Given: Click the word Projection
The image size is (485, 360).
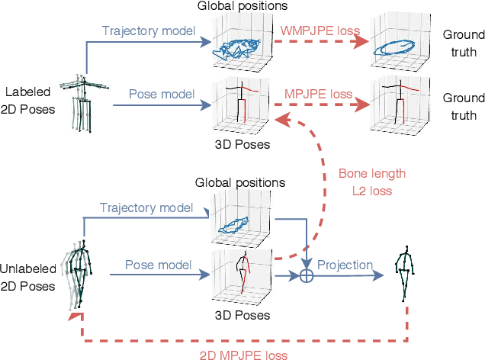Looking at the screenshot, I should pyautogui.click(x=345, y=265).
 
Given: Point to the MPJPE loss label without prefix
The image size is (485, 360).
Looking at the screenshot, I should pyautogui.click(x=319, y=94).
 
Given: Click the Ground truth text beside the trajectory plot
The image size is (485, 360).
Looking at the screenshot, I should pyautogui.click(x=463, y=43).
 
